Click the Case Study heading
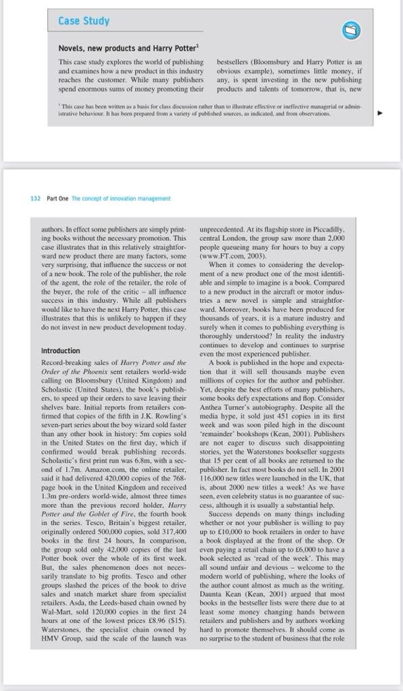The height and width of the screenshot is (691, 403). tap(84, 21)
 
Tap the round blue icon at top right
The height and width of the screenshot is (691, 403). tap(351, 30)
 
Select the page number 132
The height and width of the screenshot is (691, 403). tap(36, 198)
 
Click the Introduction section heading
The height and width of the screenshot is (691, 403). tap(60, 351)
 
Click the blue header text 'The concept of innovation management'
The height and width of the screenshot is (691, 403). tap(121, 198)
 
